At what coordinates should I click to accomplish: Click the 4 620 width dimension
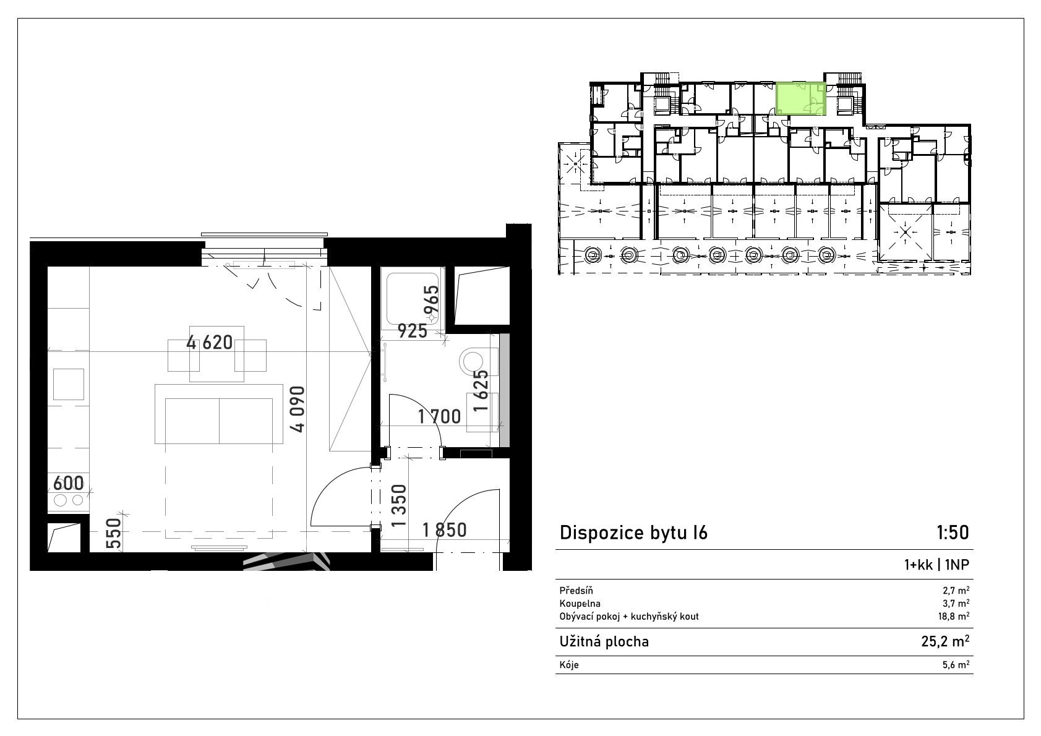pos(209,343)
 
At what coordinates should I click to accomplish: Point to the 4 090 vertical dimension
pos(298,409)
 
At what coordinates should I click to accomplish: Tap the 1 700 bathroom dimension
pos(439,417)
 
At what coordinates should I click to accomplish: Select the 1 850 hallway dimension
pos(444,530)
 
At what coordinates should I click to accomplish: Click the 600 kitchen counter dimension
pos(68,483)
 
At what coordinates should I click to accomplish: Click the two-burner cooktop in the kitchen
pos(68,500)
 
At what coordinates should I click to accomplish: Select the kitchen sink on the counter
pos(68,384)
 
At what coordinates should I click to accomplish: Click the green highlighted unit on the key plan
pos(801,98)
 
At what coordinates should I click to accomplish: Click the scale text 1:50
pos(953,533)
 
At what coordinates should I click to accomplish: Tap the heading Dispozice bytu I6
pos(633,533)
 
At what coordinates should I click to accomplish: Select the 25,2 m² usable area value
pos(945,641)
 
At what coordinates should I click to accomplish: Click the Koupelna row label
pos(580,604)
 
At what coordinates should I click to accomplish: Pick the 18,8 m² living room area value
pos(954,616)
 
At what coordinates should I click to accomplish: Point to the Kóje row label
pos(569,665)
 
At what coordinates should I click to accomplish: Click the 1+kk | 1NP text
pos(936,565)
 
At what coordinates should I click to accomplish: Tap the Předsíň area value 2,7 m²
pos(956,591)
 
